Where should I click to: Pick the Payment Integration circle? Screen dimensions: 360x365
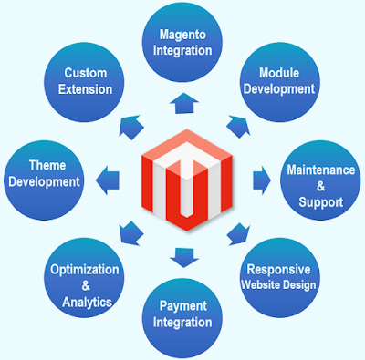click(x=181, y=314)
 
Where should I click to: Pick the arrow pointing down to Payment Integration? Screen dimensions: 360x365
click(x=182, y=256)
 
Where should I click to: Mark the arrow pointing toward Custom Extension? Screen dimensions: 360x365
click(x=133, y=121)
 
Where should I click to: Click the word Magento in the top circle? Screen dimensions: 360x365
click(x=183, y=35)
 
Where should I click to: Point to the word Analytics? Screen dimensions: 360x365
click(x=91, y=301)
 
